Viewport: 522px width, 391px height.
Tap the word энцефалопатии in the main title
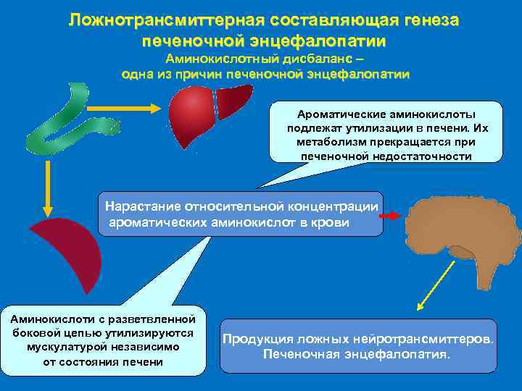click(x=324, y=41)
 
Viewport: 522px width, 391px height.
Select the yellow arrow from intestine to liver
click(x=133, y=109)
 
